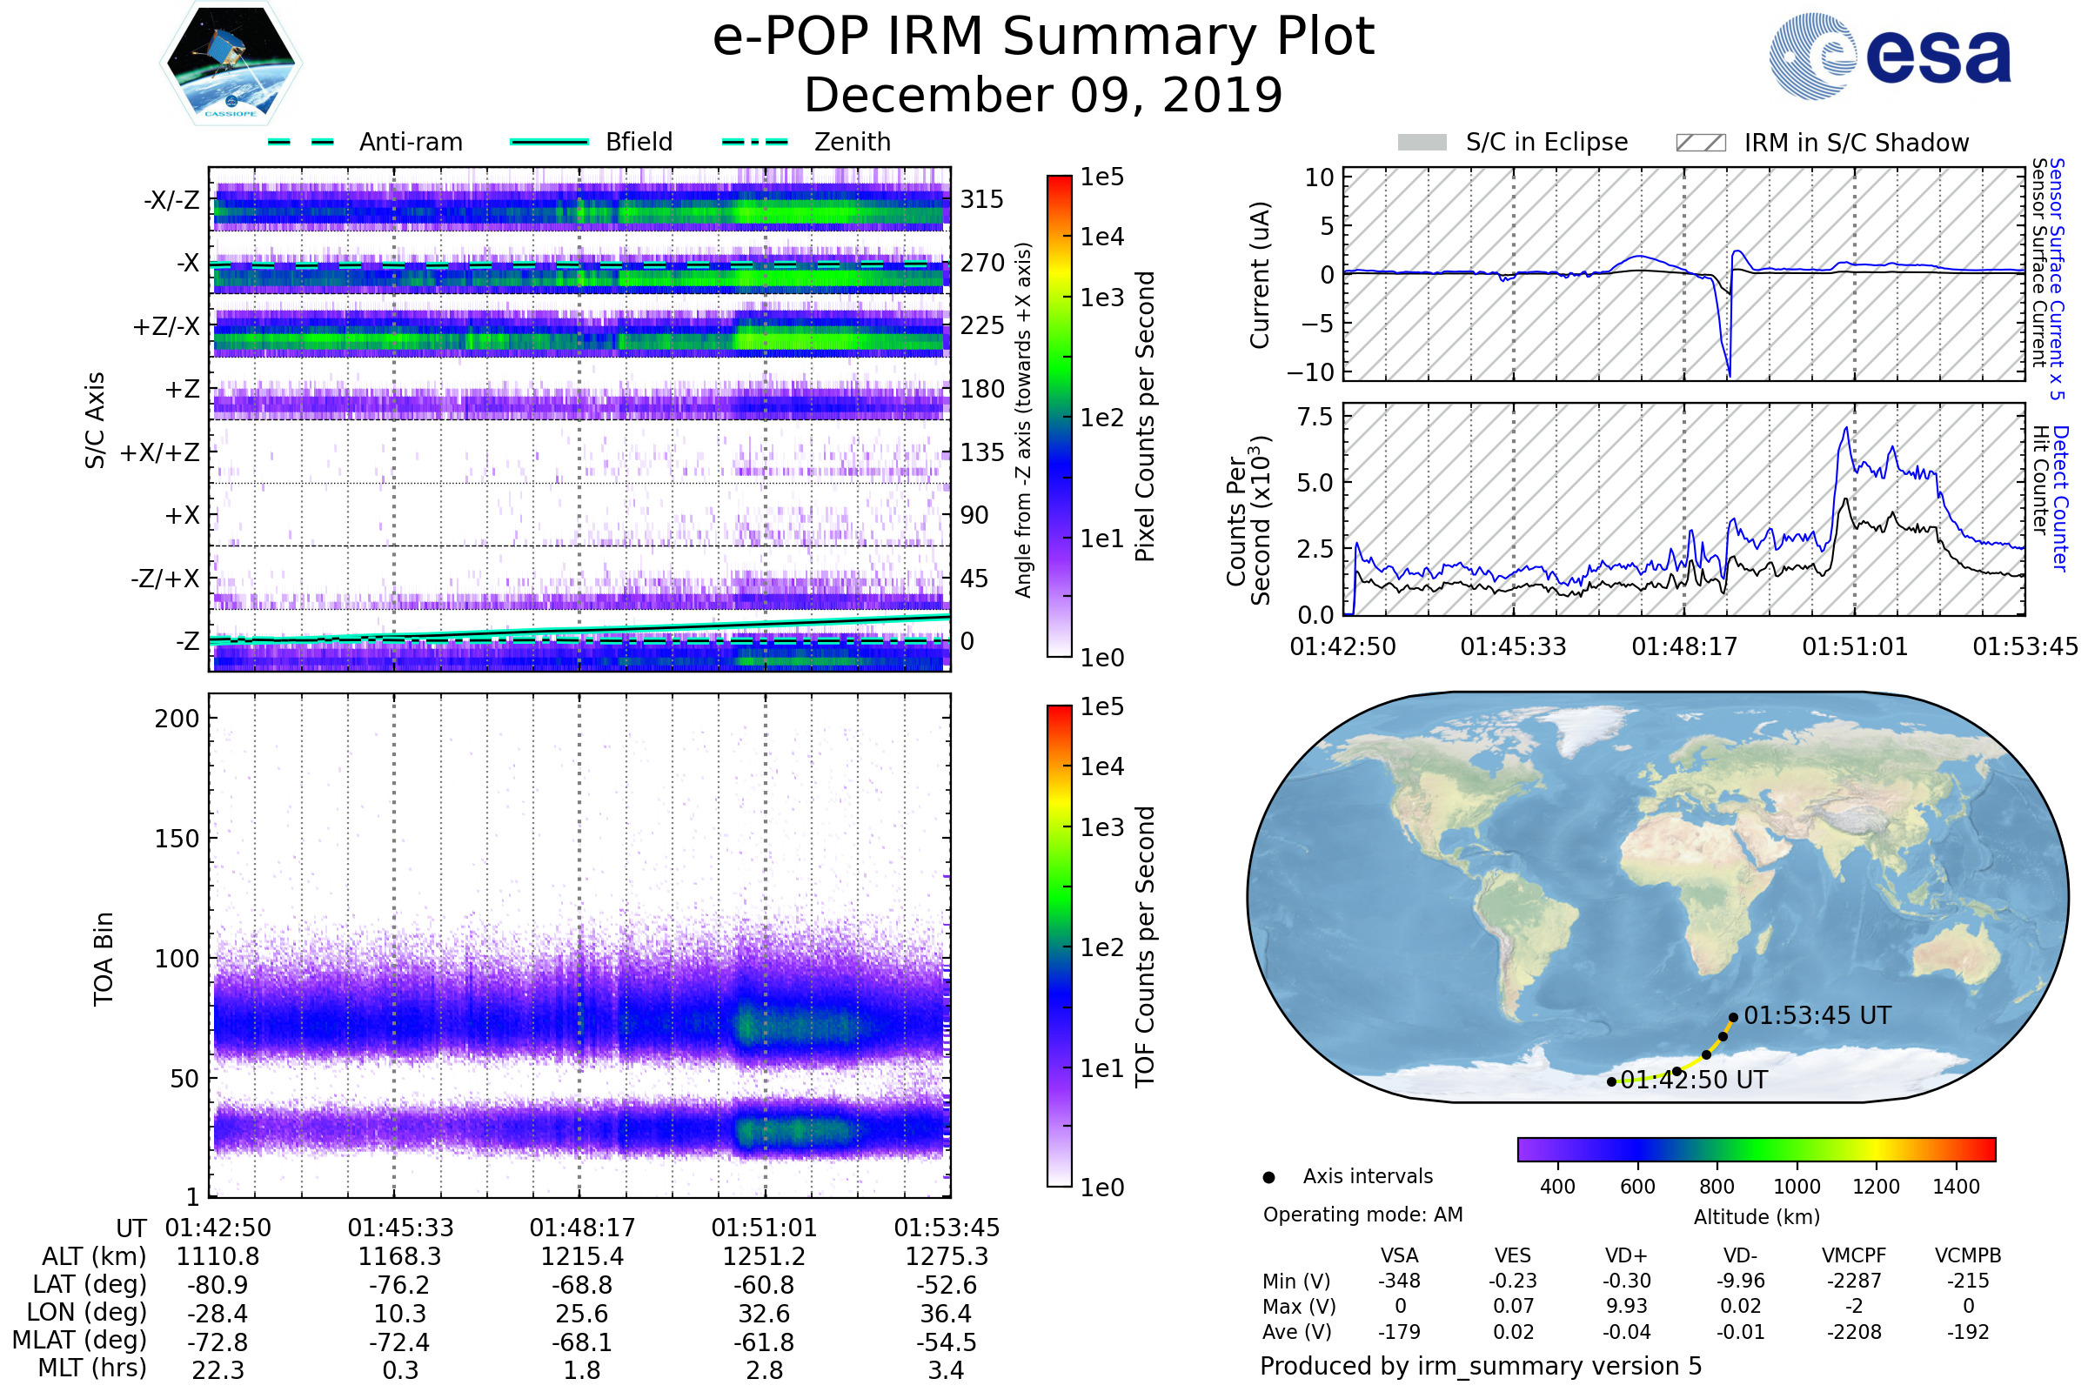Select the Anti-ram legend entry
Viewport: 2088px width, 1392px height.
[x=410, y=142]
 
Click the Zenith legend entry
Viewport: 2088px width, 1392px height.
[x=852, y=142]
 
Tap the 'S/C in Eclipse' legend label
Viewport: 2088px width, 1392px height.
[x=1546, y=142]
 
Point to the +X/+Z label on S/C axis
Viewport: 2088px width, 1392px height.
[x=160, y=452]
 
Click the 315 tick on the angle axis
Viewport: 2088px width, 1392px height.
[x=981, y=199]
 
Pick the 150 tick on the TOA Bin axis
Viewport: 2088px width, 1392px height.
[x=177, y=839]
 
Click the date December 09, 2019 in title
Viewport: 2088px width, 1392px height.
[x=1043, y=95]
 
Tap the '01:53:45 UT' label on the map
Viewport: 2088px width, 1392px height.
[x=1817, y=1015]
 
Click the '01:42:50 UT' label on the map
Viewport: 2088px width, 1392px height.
[x=1693, y=1080]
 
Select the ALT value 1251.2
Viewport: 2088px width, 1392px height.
[x=764, y=1256]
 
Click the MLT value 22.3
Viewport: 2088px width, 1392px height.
[x=217, y=1369]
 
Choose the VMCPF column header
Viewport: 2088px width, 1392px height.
[x=1854, y=1255]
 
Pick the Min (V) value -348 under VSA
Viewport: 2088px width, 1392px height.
[x=1399, y=1281]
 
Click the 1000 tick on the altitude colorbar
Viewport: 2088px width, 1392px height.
[x=1796, y=1187]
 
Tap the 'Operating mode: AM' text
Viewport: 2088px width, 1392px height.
[x=1362, y=1215]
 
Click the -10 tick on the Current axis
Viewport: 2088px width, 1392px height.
[x=1309, y=372]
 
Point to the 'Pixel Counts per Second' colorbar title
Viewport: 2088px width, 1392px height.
[x=1145, y=416]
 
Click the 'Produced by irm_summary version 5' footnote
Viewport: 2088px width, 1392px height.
[x=1480, y=1366]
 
